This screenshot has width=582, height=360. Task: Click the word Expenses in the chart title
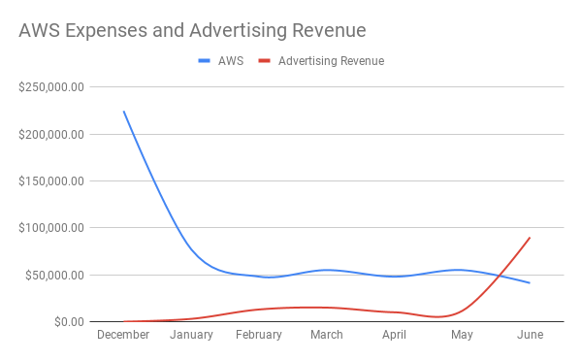[106, 31]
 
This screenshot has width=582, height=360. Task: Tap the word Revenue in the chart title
[329, 30]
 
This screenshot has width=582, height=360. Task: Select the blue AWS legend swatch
[204, 61]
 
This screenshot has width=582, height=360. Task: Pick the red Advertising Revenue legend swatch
[264, 61]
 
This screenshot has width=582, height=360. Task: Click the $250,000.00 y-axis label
[51, 87]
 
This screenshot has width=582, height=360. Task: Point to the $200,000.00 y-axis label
[51, 134]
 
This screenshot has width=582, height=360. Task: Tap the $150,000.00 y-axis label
[51, 181]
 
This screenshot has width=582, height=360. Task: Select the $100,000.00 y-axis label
[51, 228]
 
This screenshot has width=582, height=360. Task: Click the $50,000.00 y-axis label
[54, 275]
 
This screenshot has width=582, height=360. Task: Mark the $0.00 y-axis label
[70, 322]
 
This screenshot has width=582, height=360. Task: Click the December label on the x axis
[123, 335]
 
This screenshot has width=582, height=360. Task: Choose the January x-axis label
[191, 335]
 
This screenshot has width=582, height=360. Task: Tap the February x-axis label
[259, 335]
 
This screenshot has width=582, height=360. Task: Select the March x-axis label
[327, 335]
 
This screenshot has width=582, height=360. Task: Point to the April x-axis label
[394, 335]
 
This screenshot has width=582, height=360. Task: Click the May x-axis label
[462, 335]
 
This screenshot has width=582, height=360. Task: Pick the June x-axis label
[530, 335]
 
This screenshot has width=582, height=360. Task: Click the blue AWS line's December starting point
[124, 111]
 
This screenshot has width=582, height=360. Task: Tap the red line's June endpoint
[530, 238]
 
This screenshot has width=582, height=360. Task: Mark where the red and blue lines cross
[501, 276]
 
